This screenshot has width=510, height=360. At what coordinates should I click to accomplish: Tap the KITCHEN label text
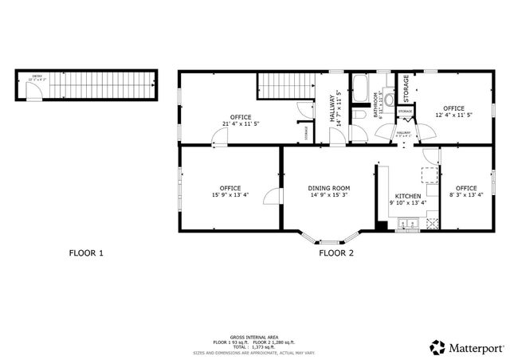[408, 195]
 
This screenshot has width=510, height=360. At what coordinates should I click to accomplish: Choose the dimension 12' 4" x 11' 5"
[453, 115]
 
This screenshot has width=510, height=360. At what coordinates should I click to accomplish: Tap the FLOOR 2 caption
[336, 253]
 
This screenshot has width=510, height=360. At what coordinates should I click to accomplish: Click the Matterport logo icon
[437, 346]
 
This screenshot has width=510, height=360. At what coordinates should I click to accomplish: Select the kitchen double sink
[408, 225]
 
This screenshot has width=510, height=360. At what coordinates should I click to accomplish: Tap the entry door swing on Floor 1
[31, 96]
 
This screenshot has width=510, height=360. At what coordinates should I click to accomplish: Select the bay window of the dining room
[328, 240]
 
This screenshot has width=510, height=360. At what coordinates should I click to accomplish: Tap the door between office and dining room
[273, 195]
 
